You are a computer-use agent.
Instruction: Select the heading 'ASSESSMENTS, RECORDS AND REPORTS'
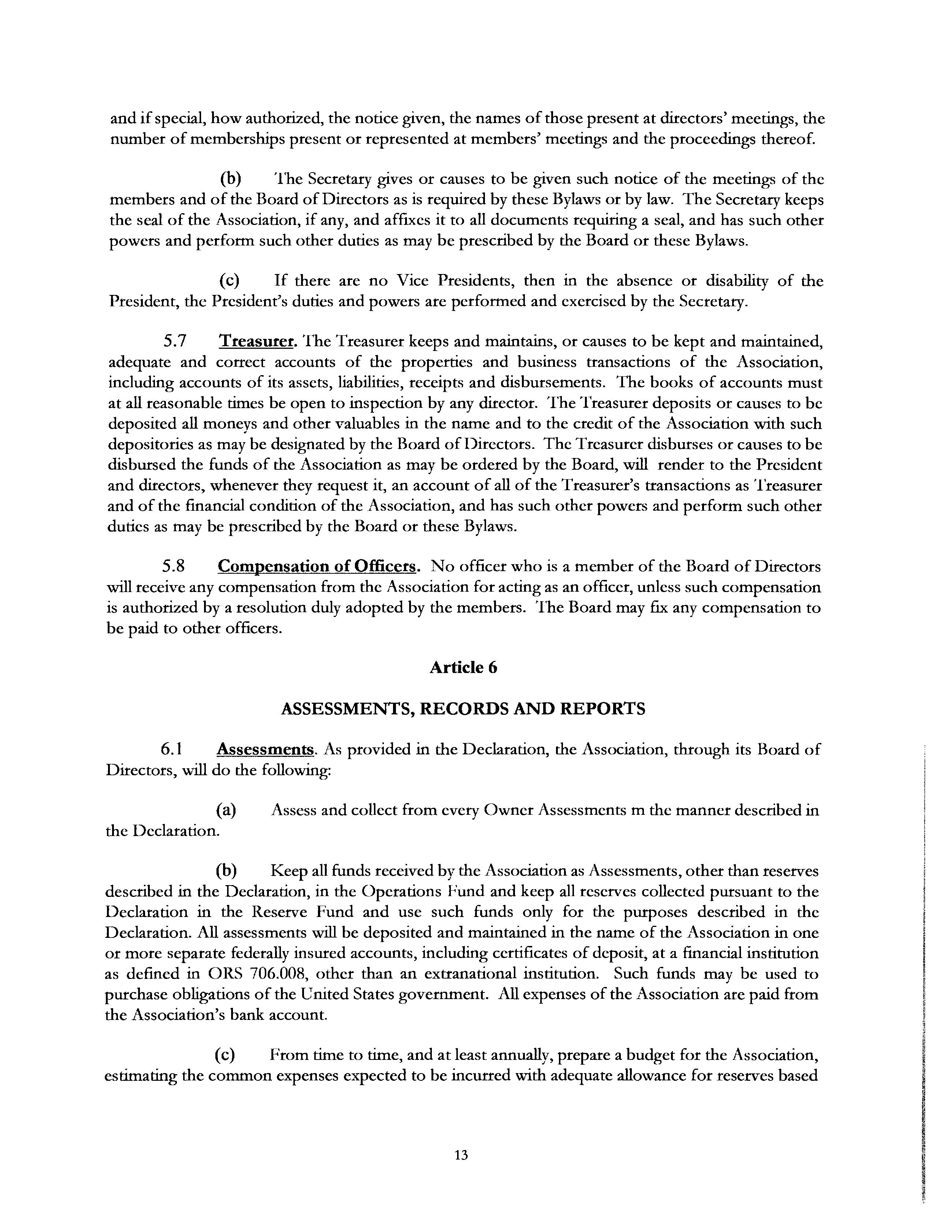coord(463,709)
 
